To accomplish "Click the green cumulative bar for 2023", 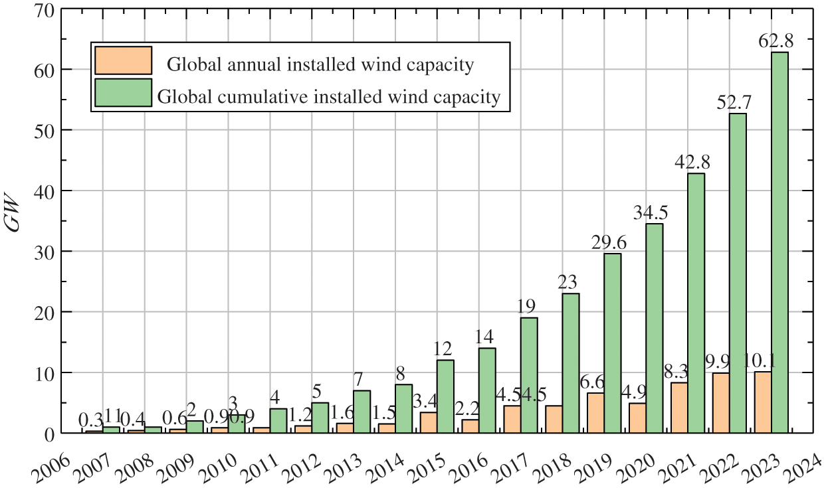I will [779, 242].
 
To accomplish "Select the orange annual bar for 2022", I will [721, 403].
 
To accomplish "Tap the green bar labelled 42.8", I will [696, 303].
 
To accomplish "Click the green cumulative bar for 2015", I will [445, 396].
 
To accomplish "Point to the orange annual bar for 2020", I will [637, 418].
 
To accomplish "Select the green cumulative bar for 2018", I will [571, 363].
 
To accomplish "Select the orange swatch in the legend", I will [123, 60].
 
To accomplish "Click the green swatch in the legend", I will [123, 94].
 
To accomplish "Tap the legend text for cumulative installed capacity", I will [328, 98].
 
